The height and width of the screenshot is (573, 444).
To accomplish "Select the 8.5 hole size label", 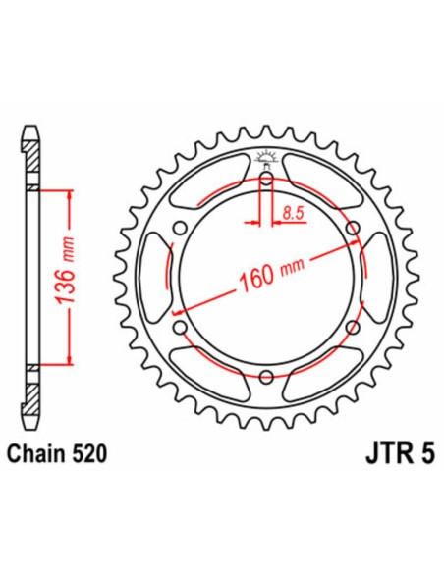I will (292, 212).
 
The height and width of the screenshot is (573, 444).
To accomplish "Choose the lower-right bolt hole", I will (353, 328).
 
